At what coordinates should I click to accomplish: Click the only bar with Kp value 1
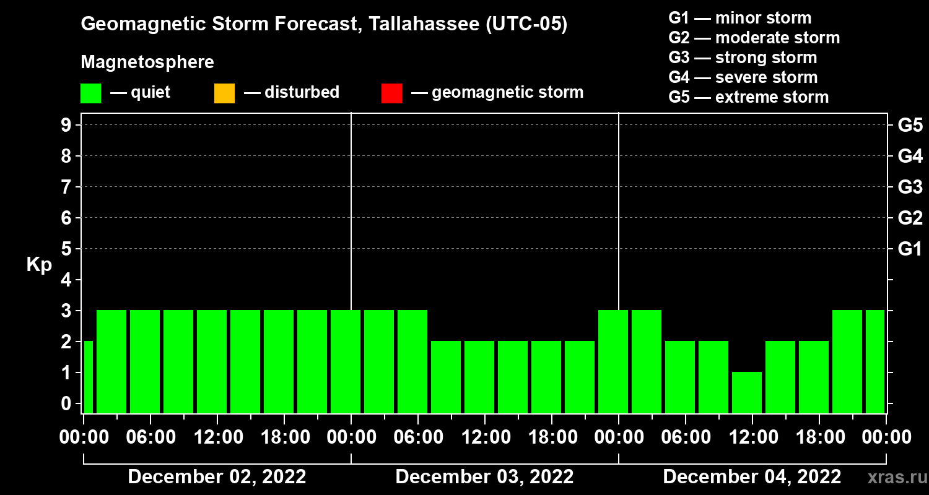pyautogui.click(x=747, y=392)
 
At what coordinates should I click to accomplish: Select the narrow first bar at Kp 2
pyautogui.click(x=88, y=377)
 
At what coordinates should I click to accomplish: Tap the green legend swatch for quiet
pyautogui.click(x=90, y=93)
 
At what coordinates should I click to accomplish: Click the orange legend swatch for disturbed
pyautogui.click(x=224, y=93)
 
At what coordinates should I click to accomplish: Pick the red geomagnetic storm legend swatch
pyautogui.click(x=391, y=93)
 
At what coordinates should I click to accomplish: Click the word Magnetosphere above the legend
pyautogui.click(x=147, y=62)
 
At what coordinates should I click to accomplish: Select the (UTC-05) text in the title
pyautogui.click(x=526, y=25)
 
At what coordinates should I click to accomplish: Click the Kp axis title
pyautogui.click(x=39, y=265)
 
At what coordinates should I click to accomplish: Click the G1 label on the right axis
pyautogui.click(x=910, y=249)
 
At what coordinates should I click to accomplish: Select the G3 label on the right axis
pyautogui.click(x=910, y=187)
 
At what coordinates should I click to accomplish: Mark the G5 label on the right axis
pyautogui.click(x=910, y=125)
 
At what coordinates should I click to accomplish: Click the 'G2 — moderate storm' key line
pyautogui.click(x=754, y=38)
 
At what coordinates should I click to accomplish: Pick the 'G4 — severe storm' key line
pyautogui.click(x=743, y=77)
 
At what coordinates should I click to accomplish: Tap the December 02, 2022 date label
pyautogui.click(x=217, y=477)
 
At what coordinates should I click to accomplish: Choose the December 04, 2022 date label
pyautogui.click(x=752, y=477)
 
